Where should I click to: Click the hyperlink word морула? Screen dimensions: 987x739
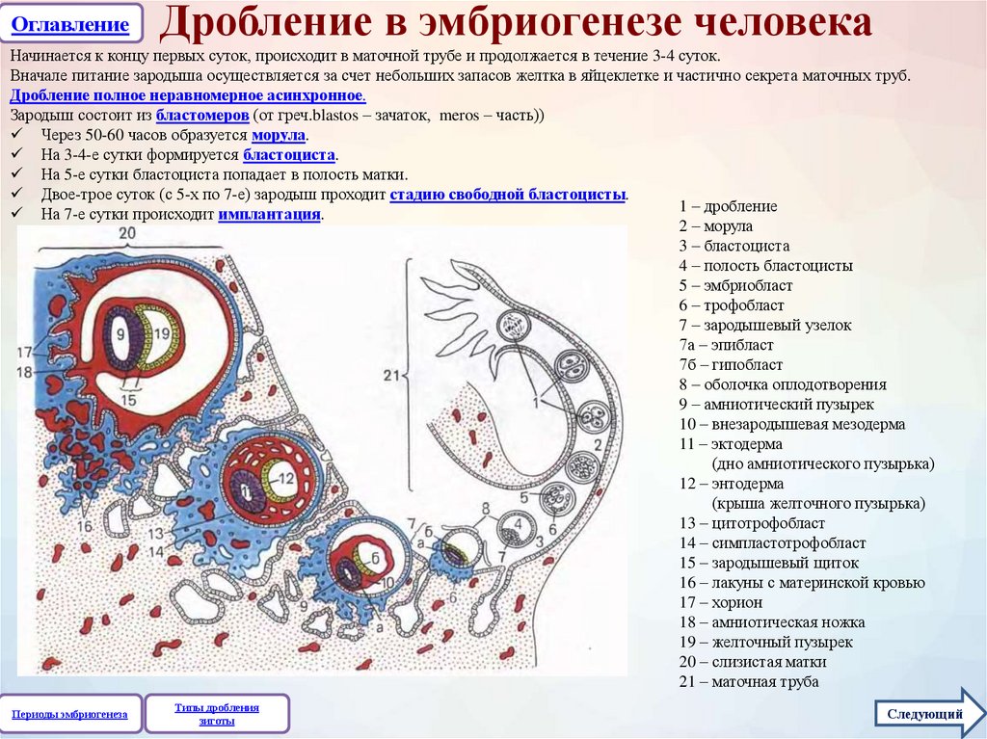point(279,136)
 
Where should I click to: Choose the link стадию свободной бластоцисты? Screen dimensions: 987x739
point(508,195)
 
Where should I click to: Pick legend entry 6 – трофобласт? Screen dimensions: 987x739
point(731,305)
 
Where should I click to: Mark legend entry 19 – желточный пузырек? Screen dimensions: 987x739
point(765,642)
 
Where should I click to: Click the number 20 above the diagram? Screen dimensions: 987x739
point(127,234)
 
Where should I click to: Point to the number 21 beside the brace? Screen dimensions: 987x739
point(391,375)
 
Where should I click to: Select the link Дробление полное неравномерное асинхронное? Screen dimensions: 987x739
point(187,96)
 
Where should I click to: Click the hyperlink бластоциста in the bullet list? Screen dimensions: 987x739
point(289,155)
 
